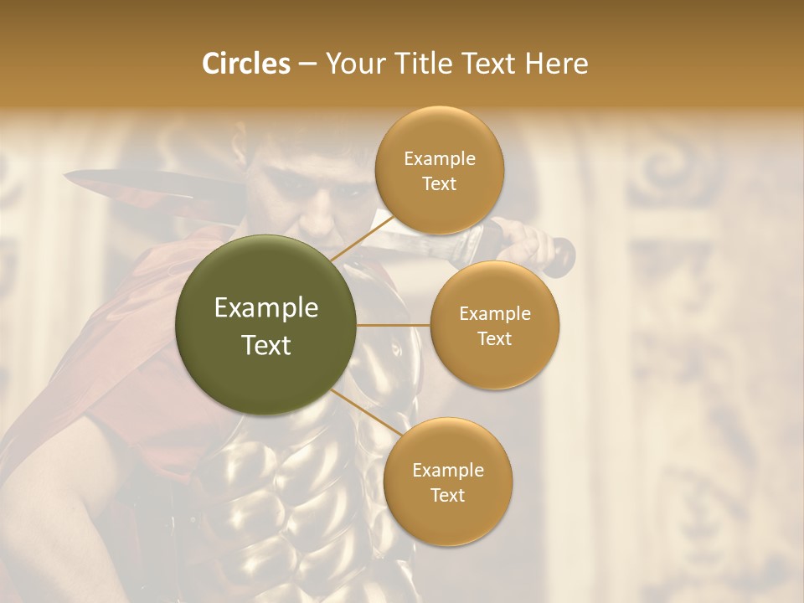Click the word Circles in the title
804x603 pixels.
tap(245, 64)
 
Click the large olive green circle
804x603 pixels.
tap(266, 325)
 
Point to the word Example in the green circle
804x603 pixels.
tap(266, 308)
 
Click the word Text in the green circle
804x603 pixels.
tap(266, 345)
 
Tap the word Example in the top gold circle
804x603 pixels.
tap(440, 159)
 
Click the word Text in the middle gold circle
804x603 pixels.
tap(495, 338)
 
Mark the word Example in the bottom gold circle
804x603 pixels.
tap(448, 470)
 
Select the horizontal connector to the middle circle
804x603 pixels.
tap(394, 324)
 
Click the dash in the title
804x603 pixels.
tap(307, 64)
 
